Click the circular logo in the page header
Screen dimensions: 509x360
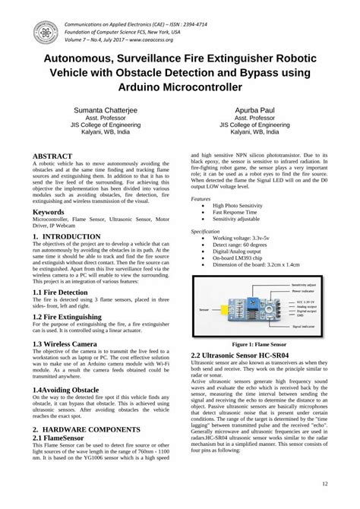point(47,31)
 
